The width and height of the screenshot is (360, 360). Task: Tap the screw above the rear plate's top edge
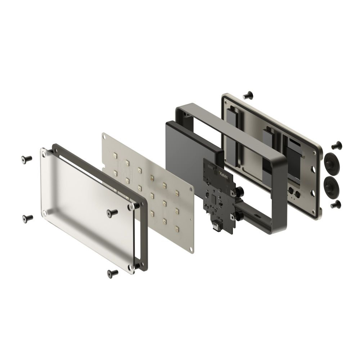[x=248, y=95]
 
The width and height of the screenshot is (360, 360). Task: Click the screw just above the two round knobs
[x=337, y=145]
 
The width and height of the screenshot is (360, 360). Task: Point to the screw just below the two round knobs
[x=335, y=204]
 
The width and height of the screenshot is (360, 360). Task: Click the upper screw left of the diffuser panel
[x=26, y=159]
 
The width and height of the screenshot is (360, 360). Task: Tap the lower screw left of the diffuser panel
[x=28, y=218]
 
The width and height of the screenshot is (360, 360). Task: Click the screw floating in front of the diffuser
[x=112, y=213]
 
